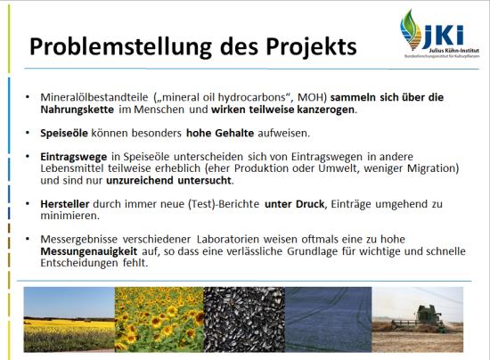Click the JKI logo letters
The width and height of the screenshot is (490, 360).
pos(443,36)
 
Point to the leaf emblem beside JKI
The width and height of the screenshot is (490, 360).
pos(411,30)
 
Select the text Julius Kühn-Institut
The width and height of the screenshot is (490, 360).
pos(453,51)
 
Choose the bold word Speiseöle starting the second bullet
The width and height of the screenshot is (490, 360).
pos(64,134)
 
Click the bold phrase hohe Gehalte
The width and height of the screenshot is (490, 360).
pos(220,133)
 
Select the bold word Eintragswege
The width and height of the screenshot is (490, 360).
pos(74,157)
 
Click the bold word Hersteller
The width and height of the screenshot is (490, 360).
pos(65,204)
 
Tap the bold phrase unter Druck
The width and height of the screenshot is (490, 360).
pos(294,204)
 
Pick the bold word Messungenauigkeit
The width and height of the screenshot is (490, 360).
pos(89,251)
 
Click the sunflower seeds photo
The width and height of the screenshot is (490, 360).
pos(244,319)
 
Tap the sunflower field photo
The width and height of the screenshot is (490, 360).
pos(159,319)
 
